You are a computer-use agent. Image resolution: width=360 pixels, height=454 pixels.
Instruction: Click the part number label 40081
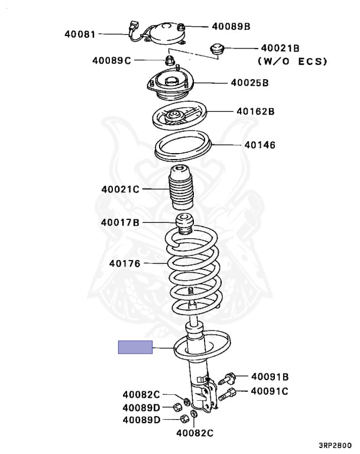tap(80, 34)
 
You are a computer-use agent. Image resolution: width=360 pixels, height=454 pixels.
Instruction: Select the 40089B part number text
tap(231, 26)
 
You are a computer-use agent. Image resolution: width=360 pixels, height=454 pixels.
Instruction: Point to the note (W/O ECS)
tap(292, 61)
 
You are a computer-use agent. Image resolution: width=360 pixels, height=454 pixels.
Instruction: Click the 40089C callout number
tap(111, 60)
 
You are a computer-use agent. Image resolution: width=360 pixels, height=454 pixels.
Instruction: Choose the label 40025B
tap(249, 83)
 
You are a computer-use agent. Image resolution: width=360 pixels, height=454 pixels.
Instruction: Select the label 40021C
tap(120, 189)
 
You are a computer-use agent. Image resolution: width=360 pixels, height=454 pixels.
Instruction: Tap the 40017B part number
tap(120, 222)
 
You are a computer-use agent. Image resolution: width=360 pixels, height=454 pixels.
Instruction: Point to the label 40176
tap(124, 263)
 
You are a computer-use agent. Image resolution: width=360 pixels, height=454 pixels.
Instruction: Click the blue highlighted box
tap(135, 348)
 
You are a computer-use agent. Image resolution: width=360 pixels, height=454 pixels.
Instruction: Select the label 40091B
tap(270, 376)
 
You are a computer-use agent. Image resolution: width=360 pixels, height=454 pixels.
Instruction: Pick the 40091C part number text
tap(270, 391)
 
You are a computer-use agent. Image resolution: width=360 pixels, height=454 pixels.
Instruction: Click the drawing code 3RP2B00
tap(334, 447)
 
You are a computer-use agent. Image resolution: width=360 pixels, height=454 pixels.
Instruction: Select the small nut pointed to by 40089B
tap(182, 26)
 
